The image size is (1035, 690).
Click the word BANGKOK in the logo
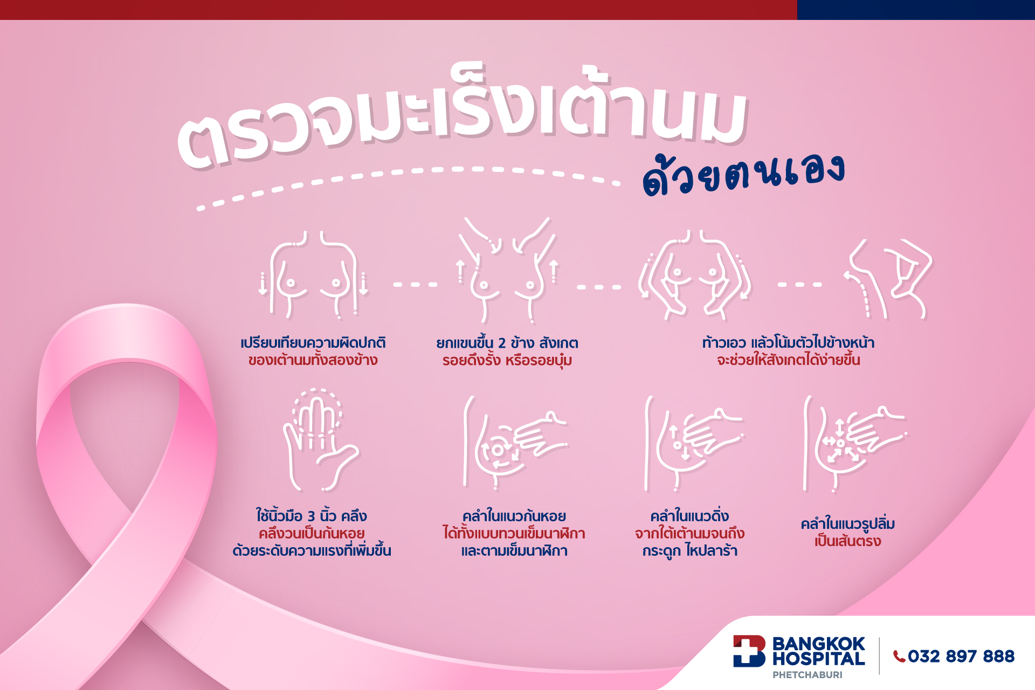pyautogui.click(x=818, y=644)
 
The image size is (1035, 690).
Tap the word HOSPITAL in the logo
pyautogui.click(x=818, y=659)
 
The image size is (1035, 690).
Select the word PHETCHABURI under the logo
pyautogui.click(x=807, y=675)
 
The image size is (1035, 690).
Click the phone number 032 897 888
pyautogui.click(x=961, y=656)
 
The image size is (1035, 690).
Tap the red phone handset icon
pyautogui.click(x=899, y=656)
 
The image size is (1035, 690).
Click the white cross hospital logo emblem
pyautogui.click(x=749, y=651)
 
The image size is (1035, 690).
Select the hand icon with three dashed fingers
pyautogui.click(x=320, y=439)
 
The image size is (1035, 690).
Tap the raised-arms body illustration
pyautogui.click(x=507, y=270)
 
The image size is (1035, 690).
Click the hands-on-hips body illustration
pyautogui.click(x=694, y=275)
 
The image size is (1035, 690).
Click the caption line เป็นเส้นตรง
pyautogui.click(x=848, y=541)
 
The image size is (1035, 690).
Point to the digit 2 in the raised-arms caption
pyautogui.click(x=501, y=343)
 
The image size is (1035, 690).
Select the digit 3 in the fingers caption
pyautogui.click(x=312, y=516)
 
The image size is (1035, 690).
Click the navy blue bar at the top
pyautogui.click(x=916, y=10)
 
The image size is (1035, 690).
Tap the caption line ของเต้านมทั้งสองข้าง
pyautogui.click(x=313, y=360)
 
